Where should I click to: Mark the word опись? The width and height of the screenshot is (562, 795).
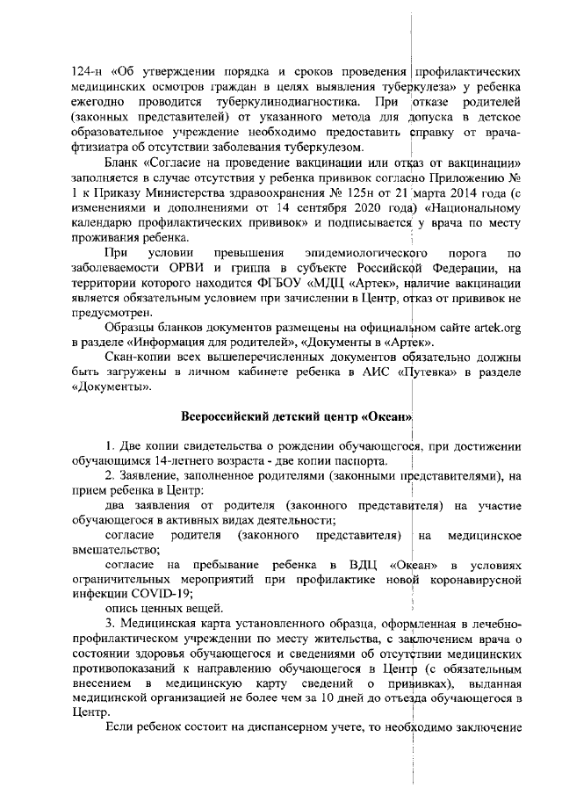[122, 608]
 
